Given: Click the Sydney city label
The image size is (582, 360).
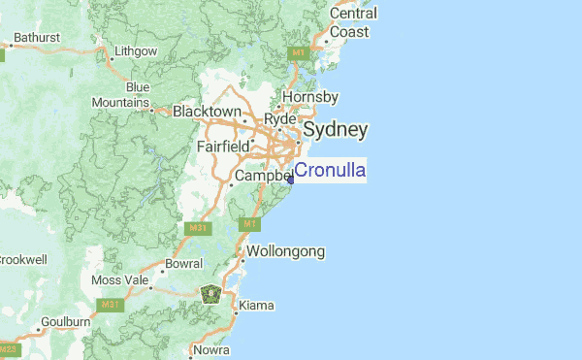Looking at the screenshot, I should pos(336,130).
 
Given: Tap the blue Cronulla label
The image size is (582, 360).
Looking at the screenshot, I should pos(330,171).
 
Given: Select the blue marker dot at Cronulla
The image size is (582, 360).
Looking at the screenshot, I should pos(290,179).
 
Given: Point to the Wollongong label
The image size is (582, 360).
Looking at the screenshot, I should pos(285,251).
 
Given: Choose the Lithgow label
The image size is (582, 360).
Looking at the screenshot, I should pos(135,50).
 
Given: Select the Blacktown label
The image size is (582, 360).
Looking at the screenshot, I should pos(207,112).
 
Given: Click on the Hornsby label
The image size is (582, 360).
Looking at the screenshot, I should pos(309,97).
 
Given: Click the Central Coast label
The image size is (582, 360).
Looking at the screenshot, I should pos(349,22).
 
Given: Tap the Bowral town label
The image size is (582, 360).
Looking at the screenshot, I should pos(183,263).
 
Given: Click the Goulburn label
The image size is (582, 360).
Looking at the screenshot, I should pos(66,321).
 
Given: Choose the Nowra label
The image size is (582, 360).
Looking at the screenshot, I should pos(210,350).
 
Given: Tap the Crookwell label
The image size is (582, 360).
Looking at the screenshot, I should pos(17,260).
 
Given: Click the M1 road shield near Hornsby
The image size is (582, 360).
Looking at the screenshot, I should pos(298,51).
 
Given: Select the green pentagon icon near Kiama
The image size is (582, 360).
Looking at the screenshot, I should pos(211,292).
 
